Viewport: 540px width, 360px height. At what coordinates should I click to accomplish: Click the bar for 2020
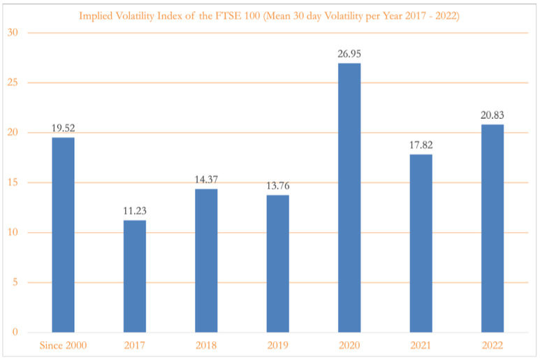(x=349, y=198)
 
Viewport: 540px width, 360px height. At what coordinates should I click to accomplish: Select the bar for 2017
(x=135, y=276)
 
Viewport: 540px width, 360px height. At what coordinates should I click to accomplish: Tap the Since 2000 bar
(x=63, y=235)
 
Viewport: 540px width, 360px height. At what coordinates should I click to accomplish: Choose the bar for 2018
(x=206, y=261)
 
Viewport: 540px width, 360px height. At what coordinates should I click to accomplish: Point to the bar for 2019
(x=278, y=264)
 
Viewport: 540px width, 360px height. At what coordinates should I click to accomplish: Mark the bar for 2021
(x=421, y=243)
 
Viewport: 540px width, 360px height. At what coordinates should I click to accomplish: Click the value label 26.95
(x=349, y=54)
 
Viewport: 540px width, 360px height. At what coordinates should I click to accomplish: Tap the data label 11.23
(x=135, y=211)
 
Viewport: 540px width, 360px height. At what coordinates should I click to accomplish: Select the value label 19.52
(x=63, y=128)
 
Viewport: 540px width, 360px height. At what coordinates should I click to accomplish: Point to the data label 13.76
(x=278, y=186)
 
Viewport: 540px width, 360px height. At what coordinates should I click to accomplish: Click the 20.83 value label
(x=492, y=115)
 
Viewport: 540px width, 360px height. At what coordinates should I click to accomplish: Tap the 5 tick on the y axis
(x=15, y=282)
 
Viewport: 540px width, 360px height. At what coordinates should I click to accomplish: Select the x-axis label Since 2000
(x=63, y=346)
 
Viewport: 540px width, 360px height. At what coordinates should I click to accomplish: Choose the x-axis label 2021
(x=421, y=346)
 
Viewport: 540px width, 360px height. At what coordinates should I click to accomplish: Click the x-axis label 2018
(x=206, y=346)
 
